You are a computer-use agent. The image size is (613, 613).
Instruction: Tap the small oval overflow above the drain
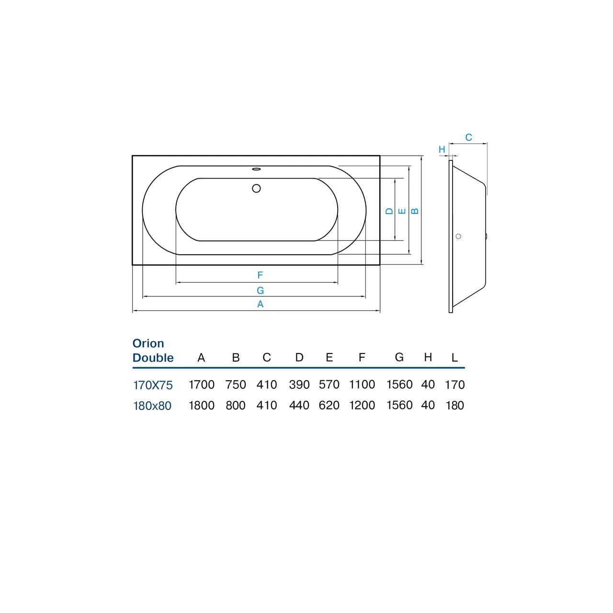(256, 169)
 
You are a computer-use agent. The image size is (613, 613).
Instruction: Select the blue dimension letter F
(260, 275)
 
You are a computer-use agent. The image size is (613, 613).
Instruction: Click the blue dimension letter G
(260, 290)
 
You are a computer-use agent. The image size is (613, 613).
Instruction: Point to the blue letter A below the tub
(260, 304)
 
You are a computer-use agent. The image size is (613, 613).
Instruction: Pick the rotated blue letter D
(389, 211)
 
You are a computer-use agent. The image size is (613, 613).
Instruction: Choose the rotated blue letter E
(402, 211)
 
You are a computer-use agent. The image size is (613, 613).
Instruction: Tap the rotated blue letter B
(415, 211)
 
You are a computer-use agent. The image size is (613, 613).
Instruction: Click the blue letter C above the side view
(468, 137)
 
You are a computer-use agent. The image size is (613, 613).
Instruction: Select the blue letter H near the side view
(442, 149)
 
